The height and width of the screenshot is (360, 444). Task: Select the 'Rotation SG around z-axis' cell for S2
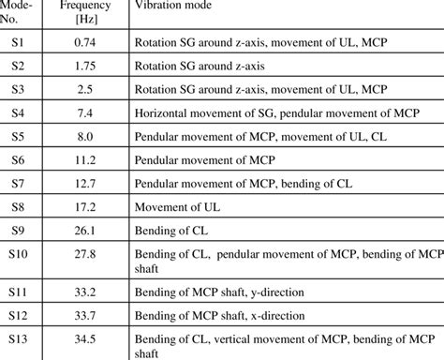[202, 66]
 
